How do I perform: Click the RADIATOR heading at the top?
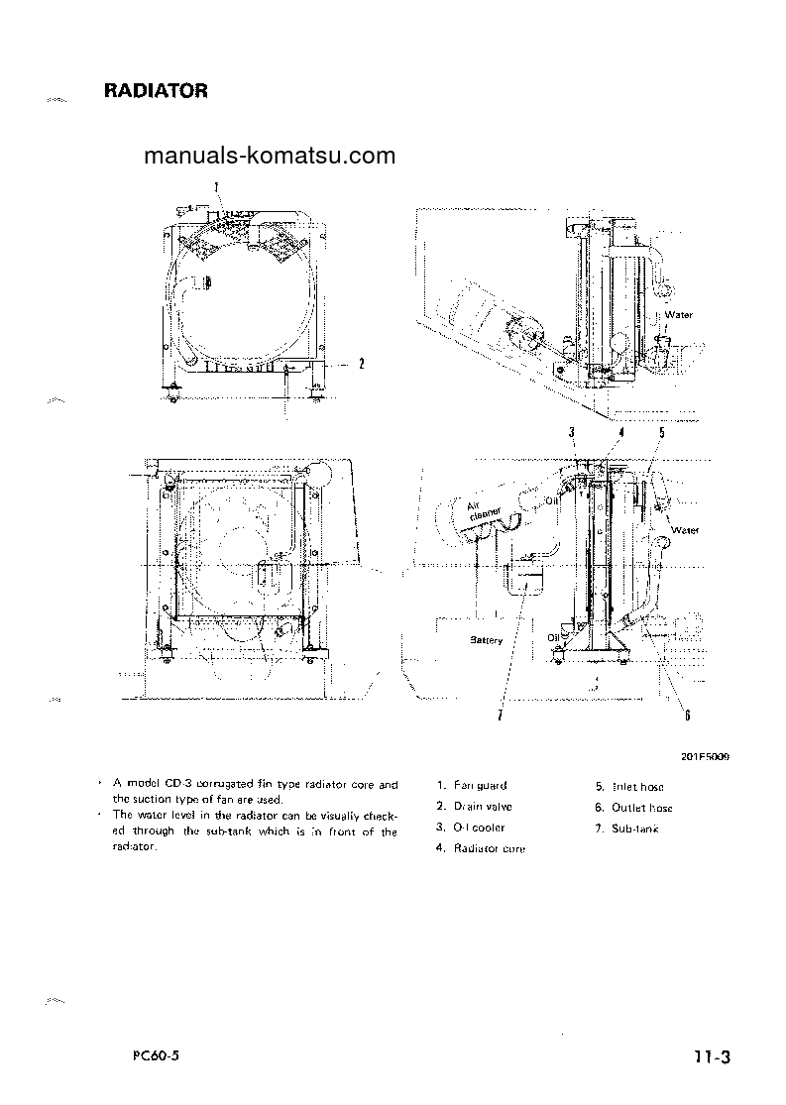156,91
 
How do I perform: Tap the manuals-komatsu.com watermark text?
270,156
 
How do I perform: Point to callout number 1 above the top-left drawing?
217,185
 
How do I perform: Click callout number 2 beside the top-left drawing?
362,364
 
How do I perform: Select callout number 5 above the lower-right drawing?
662,432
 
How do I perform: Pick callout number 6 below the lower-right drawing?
687,714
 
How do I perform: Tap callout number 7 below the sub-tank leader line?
501,714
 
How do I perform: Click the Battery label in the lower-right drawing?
486,641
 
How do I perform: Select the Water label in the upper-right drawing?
679,315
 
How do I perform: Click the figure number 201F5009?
706,757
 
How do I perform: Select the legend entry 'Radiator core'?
490,848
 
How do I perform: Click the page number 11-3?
711,1057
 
